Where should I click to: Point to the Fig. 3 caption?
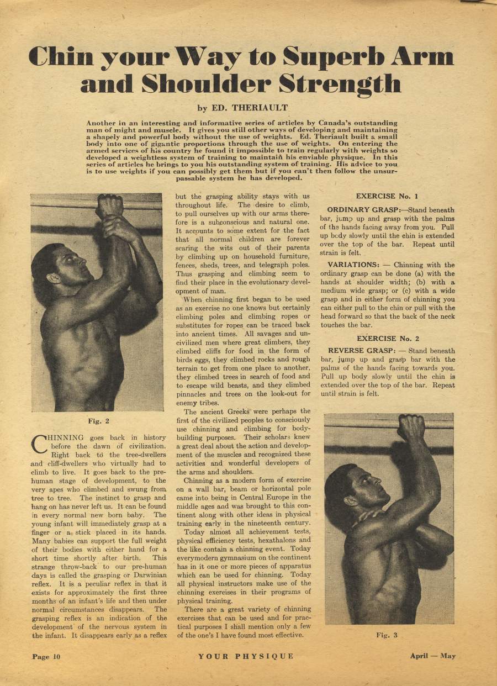click(387, 635)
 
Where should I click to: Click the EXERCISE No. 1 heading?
click(387, 196)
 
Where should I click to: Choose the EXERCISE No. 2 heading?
click(388, 339)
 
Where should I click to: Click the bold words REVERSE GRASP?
click(361, 351)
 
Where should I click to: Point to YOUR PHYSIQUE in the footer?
click(246, 656)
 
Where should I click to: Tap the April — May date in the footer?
click(432, 656)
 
